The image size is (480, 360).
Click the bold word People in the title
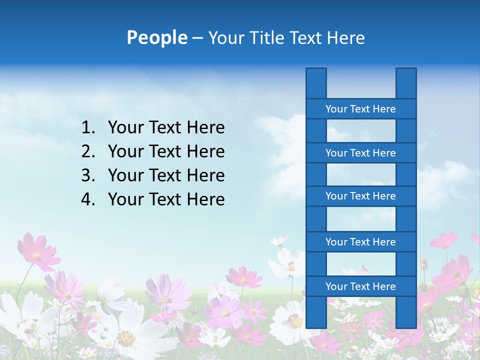coord(156,37)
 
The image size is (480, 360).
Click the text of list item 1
coord(166,127)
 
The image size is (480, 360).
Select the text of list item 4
coord(166,199)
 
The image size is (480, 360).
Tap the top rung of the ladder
coord(360,109)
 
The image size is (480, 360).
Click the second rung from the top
coord(360,153)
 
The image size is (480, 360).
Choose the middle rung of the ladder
coord(360,196)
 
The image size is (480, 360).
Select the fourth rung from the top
coord(360,242)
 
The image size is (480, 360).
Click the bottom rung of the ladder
coord(360,286)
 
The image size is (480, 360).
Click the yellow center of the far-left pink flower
coord(36,255)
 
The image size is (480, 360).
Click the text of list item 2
coord(166,151)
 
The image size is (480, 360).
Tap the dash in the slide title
coord(197,38)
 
